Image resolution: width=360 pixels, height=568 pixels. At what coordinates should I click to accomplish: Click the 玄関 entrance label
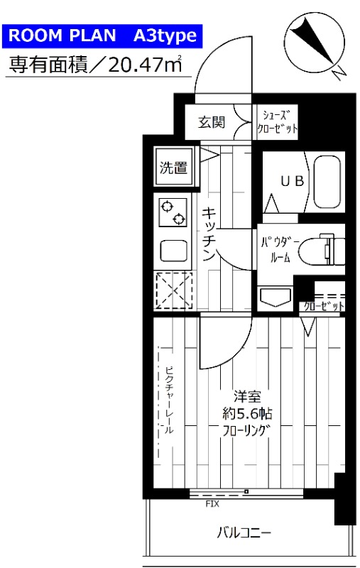coord(211,123)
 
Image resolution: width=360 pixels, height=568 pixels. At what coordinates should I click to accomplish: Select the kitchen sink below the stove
coord(173,251)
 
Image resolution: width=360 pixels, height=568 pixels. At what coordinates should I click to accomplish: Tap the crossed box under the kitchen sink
coord(173,292)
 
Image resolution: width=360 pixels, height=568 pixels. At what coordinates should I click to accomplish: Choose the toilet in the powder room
coord(318,248)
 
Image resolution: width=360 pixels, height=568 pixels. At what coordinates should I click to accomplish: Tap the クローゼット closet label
coord(323,306)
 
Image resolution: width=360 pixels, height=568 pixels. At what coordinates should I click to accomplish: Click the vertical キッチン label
coord(208,234)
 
